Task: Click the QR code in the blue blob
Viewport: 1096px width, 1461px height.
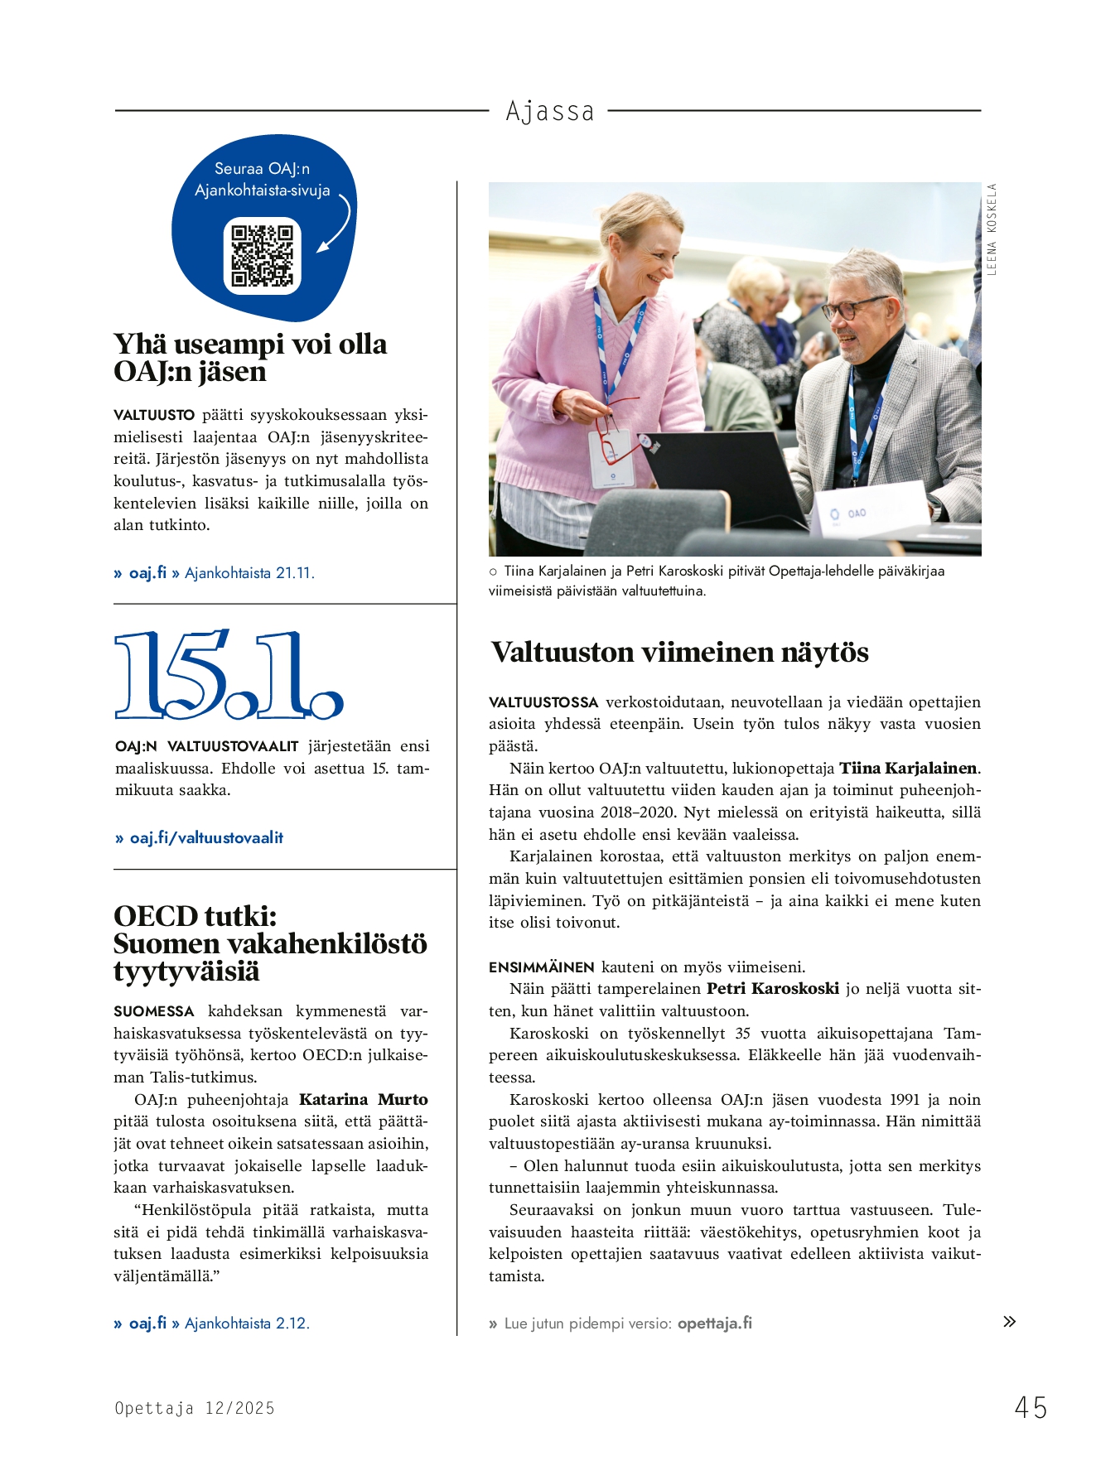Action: (x=262, y=255)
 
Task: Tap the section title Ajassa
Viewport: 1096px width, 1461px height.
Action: (x=550, y=111)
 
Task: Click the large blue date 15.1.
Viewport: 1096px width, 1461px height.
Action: (x=229, y=674)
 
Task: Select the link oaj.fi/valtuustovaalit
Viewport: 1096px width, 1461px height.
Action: (x=206, y=837)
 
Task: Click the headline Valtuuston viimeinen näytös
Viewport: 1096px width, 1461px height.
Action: (x=679, y=653)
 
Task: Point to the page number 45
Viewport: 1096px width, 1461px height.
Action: (x=1031, y=1407)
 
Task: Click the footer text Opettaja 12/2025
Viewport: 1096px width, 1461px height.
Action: (x=195, y=1408)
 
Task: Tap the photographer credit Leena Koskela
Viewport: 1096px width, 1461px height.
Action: (x=992, y=229)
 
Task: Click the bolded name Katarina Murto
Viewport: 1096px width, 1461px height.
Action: (x=363, y=1099)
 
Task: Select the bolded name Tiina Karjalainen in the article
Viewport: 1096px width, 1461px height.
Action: (x=908, y=768)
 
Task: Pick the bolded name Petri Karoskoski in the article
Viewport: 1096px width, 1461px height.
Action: (x=772, y=988)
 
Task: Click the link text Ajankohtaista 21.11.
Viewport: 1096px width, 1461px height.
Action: (x=249, y=573)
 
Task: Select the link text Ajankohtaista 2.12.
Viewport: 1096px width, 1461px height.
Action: (x=247, y=1324)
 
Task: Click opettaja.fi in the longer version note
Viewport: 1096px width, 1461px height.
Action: (x=714, y=1323)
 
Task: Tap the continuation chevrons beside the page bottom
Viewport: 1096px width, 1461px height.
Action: (x=1009, y=1321)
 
